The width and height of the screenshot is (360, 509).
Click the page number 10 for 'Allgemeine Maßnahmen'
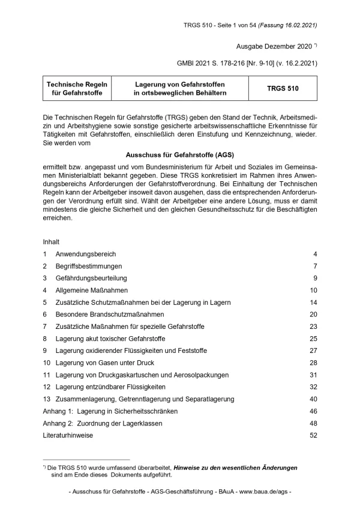click(313, 290)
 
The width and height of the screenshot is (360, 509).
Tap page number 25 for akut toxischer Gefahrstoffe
click(313, 339)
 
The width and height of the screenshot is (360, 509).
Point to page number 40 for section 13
click(313, 399)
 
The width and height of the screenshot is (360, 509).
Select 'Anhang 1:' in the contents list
click(58, 411)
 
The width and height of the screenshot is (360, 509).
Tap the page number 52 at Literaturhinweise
click(313, 435)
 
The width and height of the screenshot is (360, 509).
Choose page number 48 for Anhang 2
click(313, 423)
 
